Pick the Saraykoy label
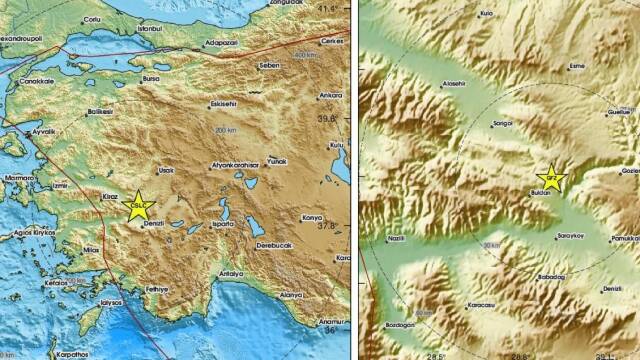tap(569, 238)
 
